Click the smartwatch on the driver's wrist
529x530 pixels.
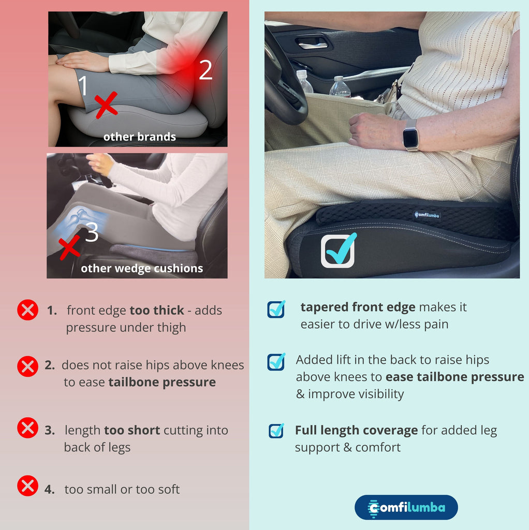[x=411, y=135]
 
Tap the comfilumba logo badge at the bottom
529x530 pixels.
[x=406, y=507]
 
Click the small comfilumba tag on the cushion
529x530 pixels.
[x=427, y=214]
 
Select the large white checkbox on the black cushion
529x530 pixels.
[x=339, y=250]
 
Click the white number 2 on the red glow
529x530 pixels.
[x=205, y=70]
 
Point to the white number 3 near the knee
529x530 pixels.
[x=92, y=233]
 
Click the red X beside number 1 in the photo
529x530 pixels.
[x=106, y=105]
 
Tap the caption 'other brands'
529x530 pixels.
[x=139, y=137]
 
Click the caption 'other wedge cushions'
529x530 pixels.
[x=141, y=269]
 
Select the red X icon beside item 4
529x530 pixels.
[x=27, y=486]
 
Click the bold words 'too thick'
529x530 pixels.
[x=156, y=311]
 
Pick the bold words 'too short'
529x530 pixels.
[x=132, y=430]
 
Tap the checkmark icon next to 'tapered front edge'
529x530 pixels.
[x=276, y=309]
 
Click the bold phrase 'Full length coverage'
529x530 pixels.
[x=356, y=430]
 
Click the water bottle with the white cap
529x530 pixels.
[x=340, y=87]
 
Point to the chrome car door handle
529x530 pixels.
[x=313, y=43]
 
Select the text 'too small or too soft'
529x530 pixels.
[x=122, y=489]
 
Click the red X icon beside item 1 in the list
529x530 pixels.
[x=27, y=311]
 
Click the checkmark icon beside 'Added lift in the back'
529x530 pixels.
[x=276, y=361]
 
